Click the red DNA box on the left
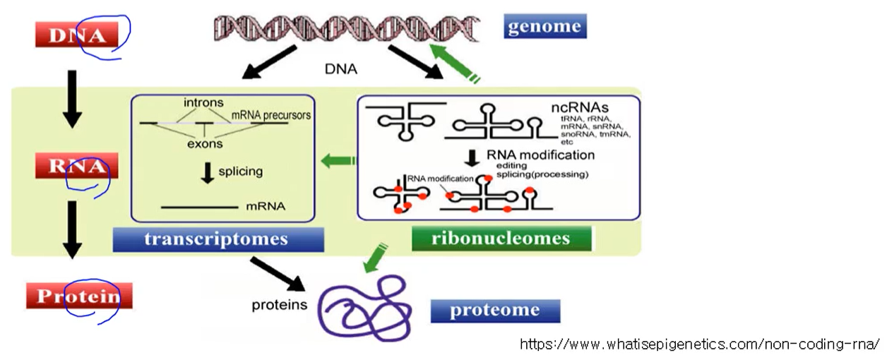[x=76, y=35]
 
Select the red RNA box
[x=77, y=167]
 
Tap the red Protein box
[x=79, y=296]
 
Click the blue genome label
[x=545, y=27]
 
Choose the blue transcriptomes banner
[x=218, y=239]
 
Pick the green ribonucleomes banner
[x=501, y=239]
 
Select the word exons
[x=205, y=144]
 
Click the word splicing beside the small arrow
[x=240, y=171]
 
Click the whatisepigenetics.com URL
[x=700, y=344]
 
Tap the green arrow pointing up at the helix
[x=453, y=61]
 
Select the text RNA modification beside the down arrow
[x=540, y=155]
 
